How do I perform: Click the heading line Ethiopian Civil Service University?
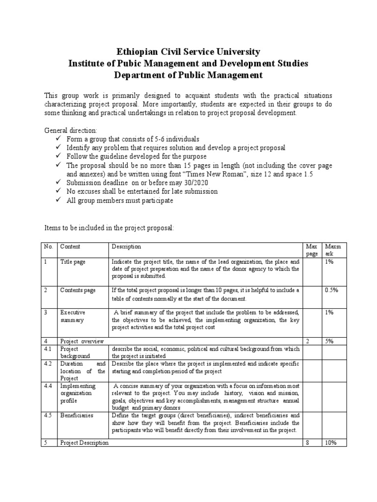188,51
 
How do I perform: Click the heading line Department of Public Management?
188,75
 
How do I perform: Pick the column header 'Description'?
126,247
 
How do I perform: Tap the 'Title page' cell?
73,262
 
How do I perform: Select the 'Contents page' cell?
78,290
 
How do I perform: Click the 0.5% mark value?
332,290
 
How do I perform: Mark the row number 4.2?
47,364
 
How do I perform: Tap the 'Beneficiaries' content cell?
77,415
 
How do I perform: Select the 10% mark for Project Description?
332,443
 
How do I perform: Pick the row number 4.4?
47,386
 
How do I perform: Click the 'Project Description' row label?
84,443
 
